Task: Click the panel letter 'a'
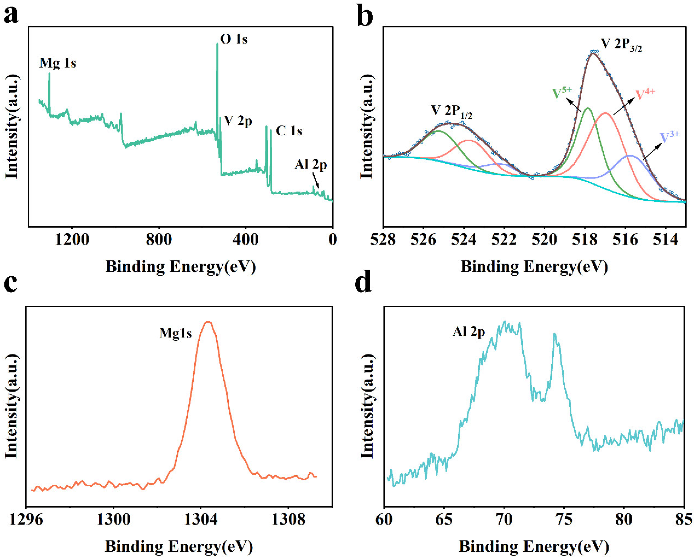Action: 11,15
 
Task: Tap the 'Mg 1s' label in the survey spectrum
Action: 58,63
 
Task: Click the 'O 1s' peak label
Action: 234,39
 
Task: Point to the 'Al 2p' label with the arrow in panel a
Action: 310,165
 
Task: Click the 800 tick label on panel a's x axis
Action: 159,240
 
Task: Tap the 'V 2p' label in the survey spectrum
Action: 238,121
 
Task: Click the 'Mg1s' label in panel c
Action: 176,333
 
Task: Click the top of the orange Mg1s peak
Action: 208,322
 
